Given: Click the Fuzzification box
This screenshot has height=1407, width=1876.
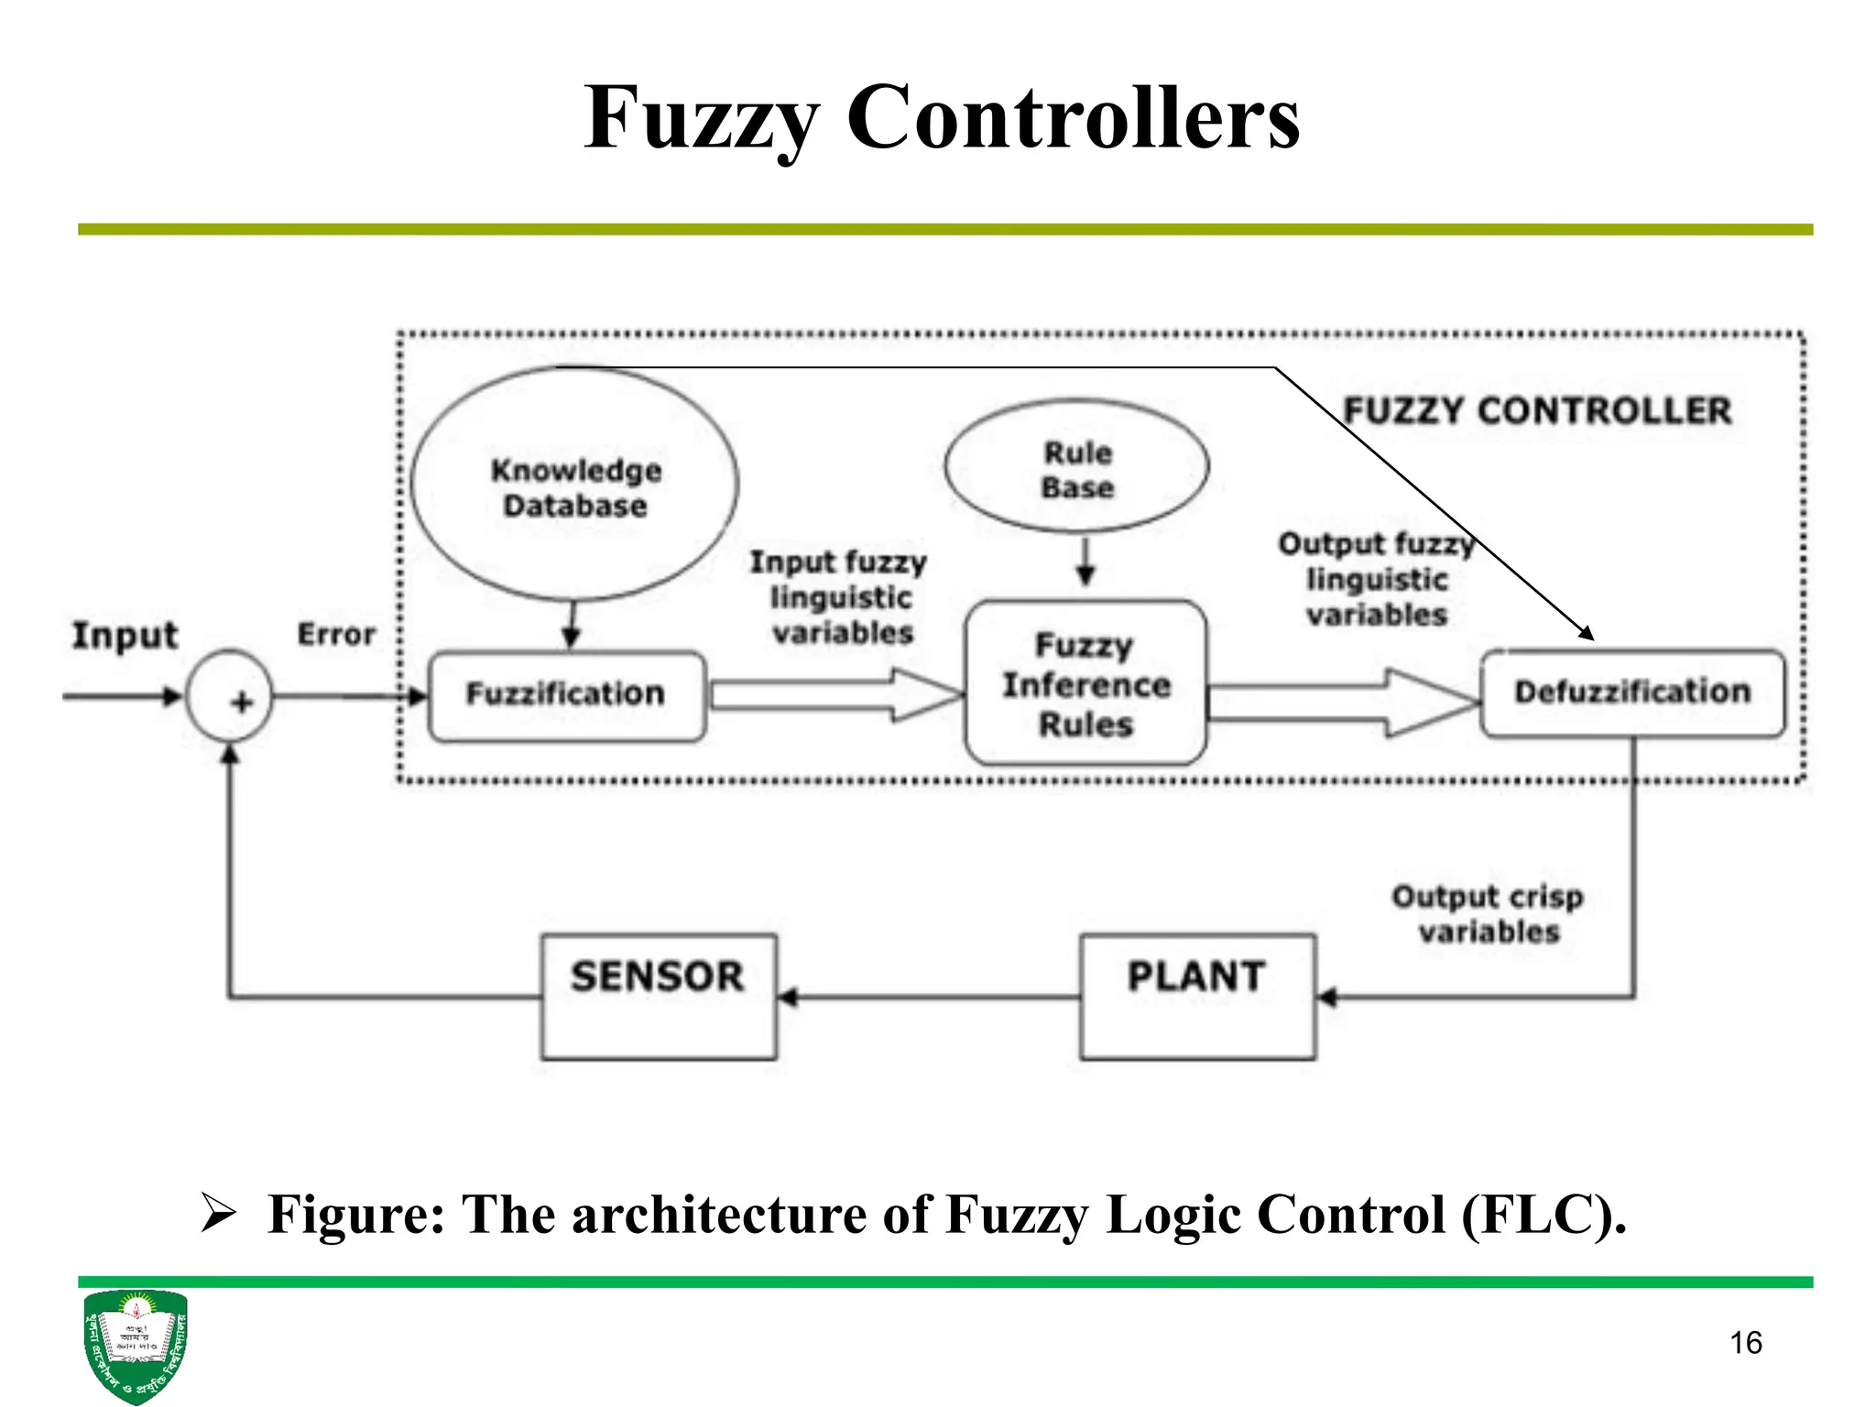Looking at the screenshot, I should click(x=566, y=694).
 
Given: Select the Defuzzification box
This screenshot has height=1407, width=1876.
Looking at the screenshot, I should click(x=1631, y=692).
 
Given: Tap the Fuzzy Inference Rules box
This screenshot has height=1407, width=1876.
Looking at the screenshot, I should click(x=1085, y=683).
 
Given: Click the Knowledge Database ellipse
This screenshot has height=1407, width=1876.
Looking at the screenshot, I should click(x=575, y=485).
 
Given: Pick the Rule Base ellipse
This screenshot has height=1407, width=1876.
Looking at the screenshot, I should click(x=1077, y=467).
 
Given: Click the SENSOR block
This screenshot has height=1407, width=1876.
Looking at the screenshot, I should click(x=658, y=996).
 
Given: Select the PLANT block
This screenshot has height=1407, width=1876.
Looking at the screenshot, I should click(x=1197, y=996).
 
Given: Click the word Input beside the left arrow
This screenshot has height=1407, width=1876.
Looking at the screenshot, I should click(x=125, y=635).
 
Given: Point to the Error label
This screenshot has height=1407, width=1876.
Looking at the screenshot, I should click(x=336, y=634).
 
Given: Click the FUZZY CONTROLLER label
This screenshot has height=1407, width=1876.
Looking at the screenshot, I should click(x=1537, y=410).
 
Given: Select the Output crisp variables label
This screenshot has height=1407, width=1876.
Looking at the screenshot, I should click(x=1488, y=913).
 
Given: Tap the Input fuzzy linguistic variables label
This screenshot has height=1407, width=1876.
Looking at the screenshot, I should click(x=840, y=596).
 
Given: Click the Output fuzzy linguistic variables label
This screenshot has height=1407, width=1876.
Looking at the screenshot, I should click(x=1376, y=579).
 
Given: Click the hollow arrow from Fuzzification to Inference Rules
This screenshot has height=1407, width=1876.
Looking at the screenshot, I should click(x=834, y=694).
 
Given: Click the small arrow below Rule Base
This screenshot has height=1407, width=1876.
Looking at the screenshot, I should click(x=1085, y=562).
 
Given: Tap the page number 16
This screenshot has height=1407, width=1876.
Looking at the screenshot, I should click(x=1745, y=1343).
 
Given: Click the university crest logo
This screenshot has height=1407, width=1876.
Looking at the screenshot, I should click(x=135, y=1345).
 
